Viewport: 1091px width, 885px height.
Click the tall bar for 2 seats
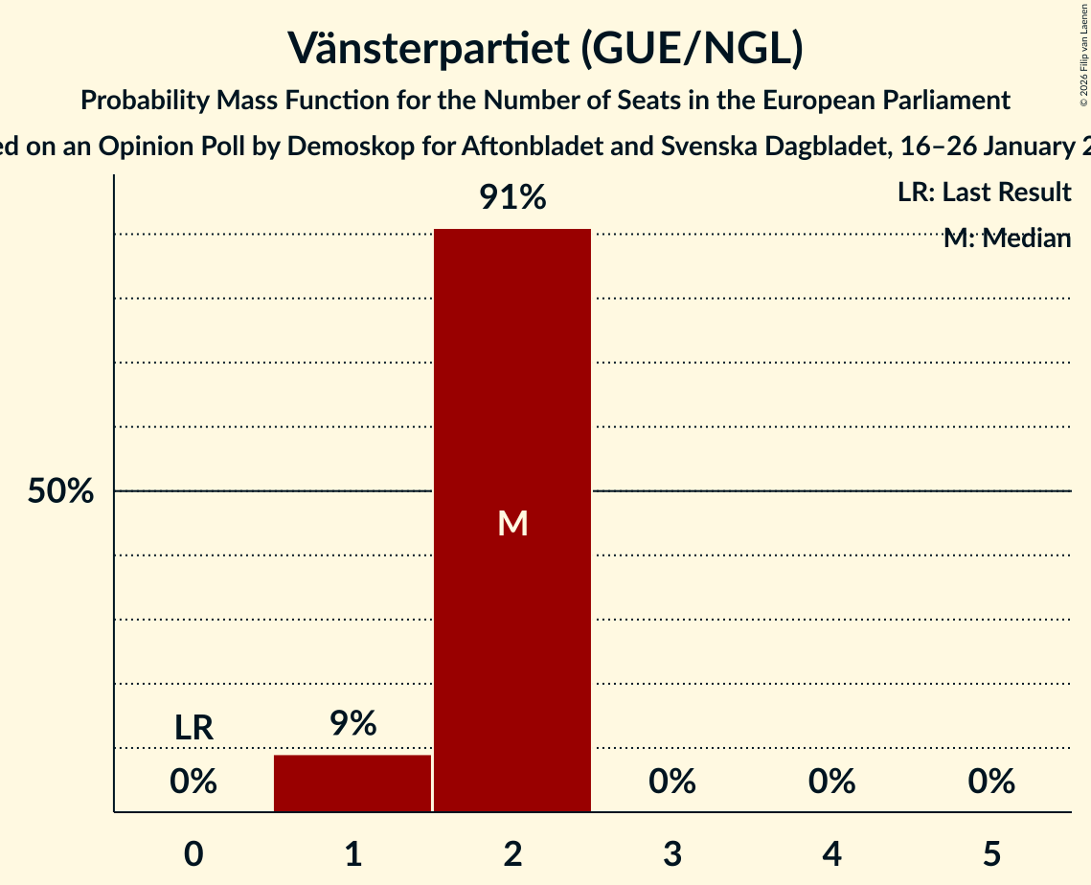coord(512,383)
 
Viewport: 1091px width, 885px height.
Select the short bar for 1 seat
coord(352,783)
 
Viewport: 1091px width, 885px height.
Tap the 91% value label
coord(512,198)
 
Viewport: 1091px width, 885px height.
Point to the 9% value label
coord(352,724)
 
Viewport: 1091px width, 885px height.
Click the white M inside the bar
coord(512,523)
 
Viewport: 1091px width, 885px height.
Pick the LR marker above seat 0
coord(193,728)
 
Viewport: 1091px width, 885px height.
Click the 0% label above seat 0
coord(193,782)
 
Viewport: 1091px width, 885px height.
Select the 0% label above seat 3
coord(672,782)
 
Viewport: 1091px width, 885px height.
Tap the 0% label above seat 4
coord(831,782)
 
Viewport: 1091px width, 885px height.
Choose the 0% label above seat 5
coord(991,782)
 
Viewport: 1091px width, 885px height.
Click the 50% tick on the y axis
coord(60,491)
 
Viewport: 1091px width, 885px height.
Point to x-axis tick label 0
coord(193,853)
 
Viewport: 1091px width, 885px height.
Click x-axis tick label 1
coord(352,853)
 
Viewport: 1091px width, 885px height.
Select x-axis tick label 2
coord(512,853)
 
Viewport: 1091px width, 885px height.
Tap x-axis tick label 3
coord(672,853)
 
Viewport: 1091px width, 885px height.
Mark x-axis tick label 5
coord(991,853)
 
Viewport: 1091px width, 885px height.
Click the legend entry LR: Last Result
coord(984,193)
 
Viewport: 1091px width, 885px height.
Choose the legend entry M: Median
coord(1007,238)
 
